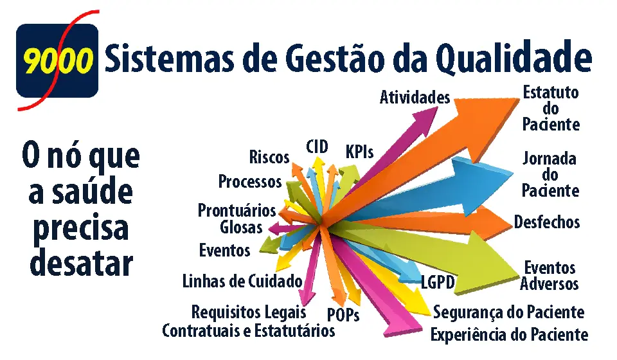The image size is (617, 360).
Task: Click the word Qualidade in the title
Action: pos(514,59)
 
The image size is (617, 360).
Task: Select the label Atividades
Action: pos(415,97)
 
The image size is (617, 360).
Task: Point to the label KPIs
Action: pos(359,152)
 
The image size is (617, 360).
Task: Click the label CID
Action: pos(317,147)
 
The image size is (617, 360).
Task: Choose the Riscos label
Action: pos(269,157)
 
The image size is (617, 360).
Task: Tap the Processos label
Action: pos(250,181)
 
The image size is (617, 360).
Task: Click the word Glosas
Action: pos(241,228)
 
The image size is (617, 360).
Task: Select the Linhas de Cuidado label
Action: pos(242,282)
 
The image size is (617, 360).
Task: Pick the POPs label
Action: pos(343,315)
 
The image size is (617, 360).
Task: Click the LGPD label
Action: pos(438,282)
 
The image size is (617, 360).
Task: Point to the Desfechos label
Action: pos(546,222)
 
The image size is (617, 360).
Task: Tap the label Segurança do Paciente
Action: pos(508,312)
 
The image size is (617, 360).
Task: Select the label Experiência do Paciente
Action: pos(509,335)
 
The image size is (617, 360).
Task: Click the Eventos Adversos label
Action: pos(550,276)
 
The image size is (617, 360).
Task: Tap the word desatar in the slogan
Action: pos(81,263)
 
